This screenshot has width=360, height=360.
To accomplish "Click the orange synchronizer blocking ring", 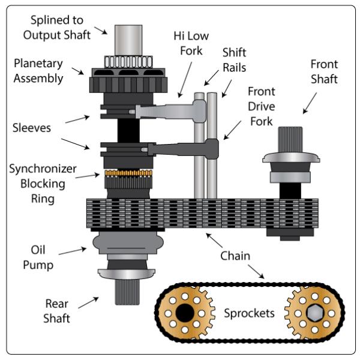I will click(x=127, y=174).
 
